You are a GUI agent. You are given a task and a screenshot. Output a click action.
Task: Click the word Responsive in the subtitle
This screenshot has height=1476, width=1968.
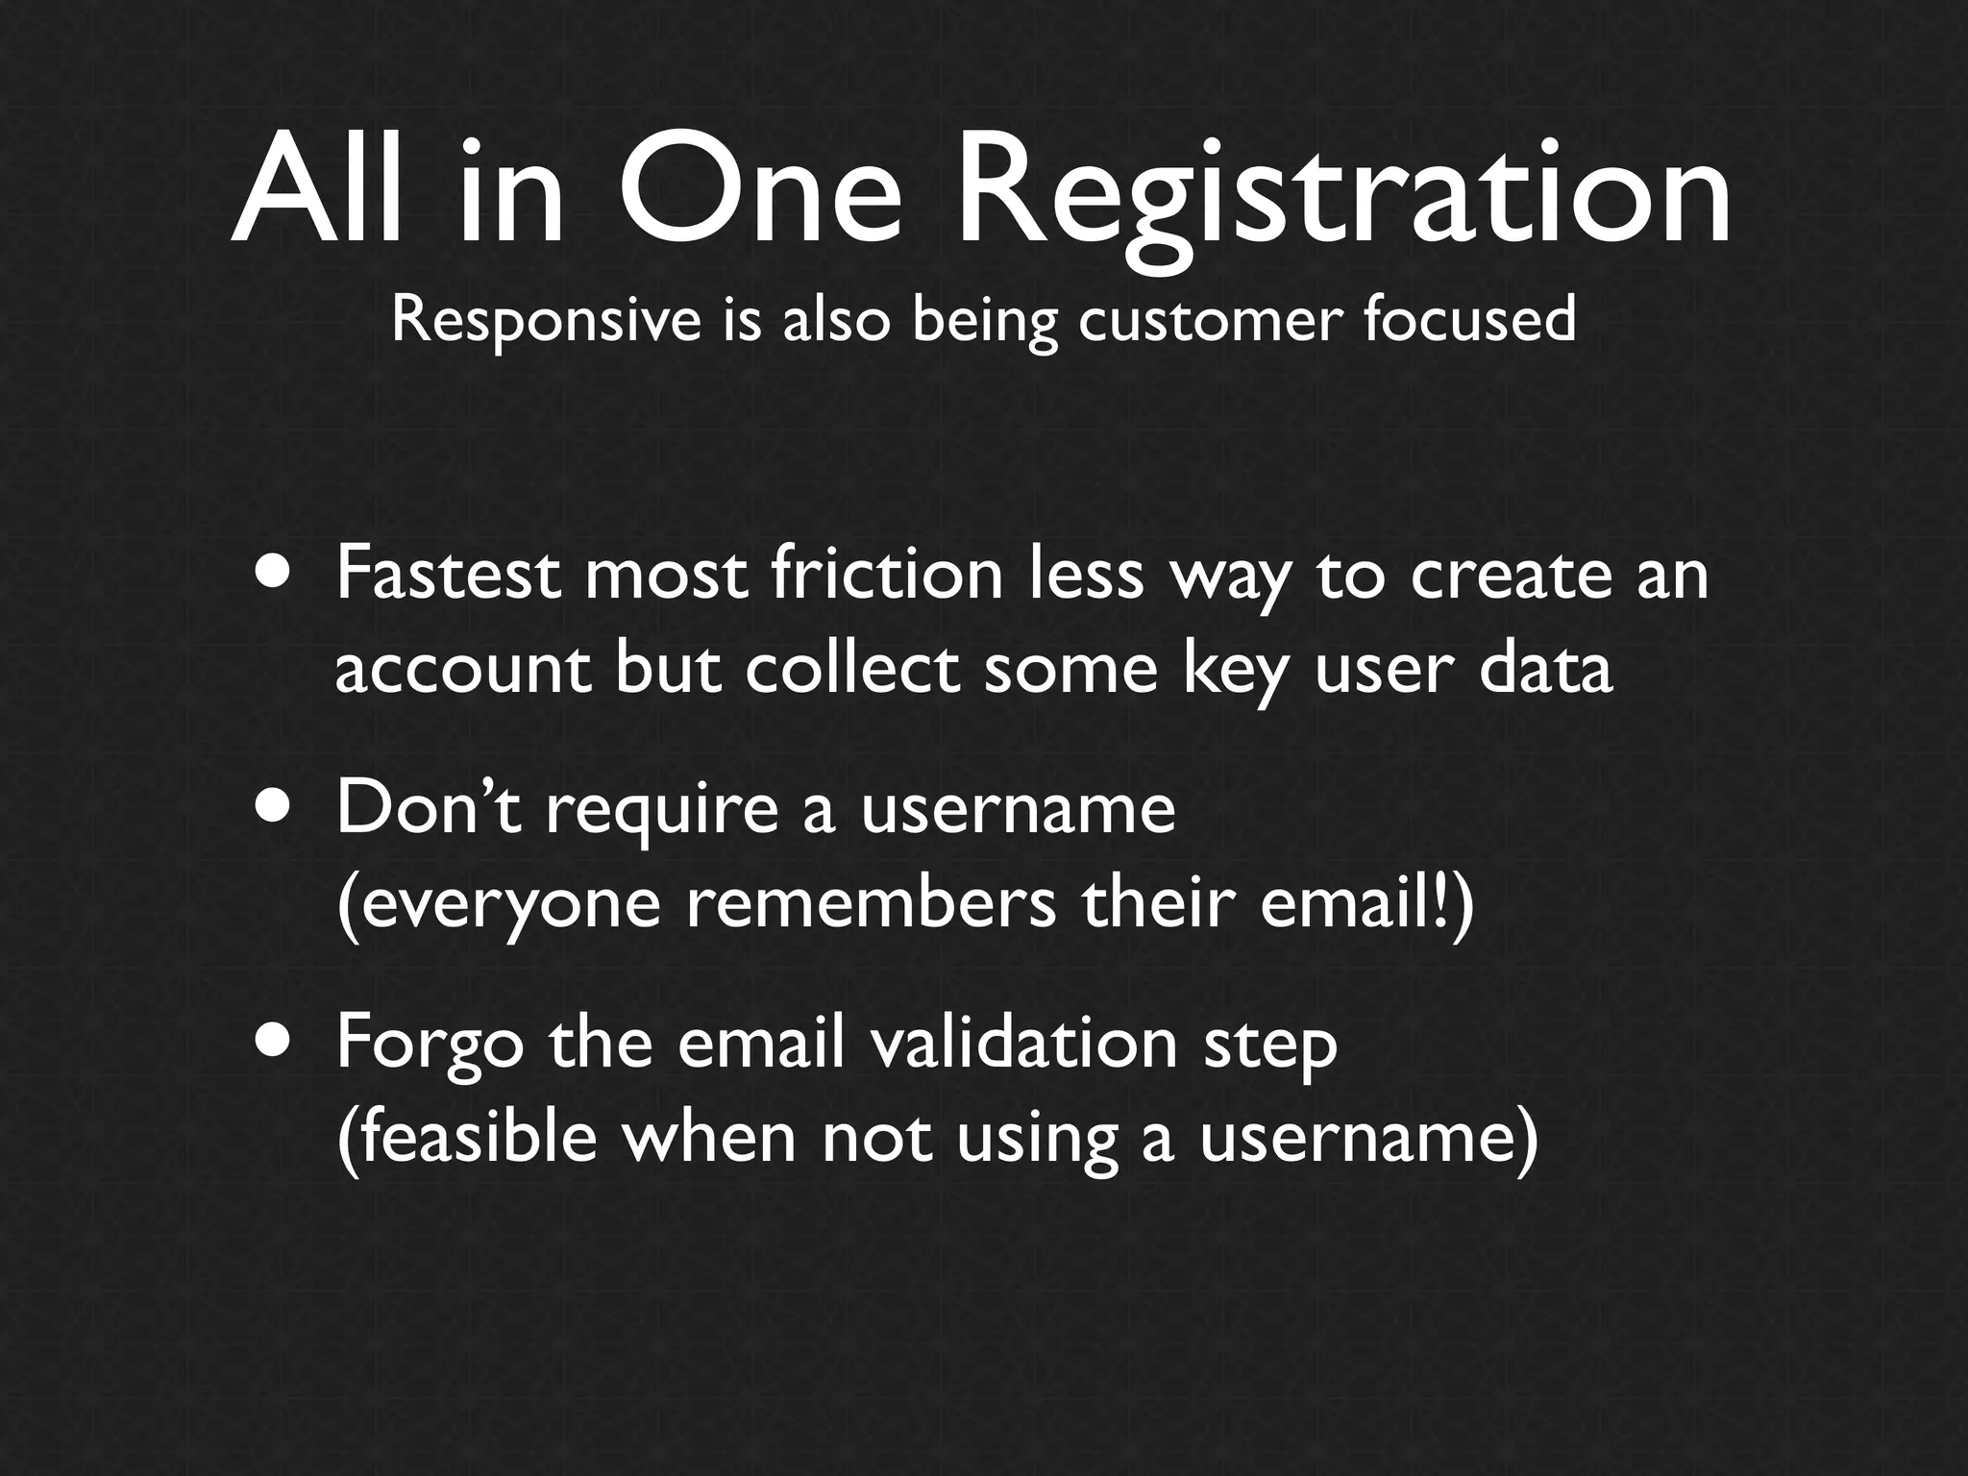(x=547, y=320)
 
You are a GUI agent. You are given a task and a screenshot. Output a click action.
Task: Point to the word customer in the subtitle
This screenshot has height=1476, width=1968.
(x=1207, y=320)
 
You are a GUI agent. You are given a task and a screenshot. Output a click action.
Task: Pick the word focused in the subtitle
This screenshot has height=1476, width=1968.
(x=1469, y=320)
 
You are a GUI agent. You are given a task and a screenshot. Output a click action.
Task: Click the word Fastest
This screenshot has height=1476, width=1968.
(x=448, y=574)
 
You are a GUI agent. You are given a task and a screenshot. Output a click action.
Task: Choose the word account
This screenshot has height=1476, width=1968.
(x=462, y=670)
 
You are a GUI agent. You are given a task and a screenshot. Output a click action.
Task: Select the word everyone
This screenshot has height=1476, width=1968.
(x=500, y=906)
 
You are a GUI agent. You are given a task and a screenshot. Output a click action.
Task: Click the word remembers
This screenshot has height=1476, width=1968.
(x=870, y=904)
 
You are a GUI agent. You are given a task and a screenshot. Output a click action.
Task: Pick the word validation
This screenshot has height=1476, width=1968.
(x=1022, y=1044)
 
